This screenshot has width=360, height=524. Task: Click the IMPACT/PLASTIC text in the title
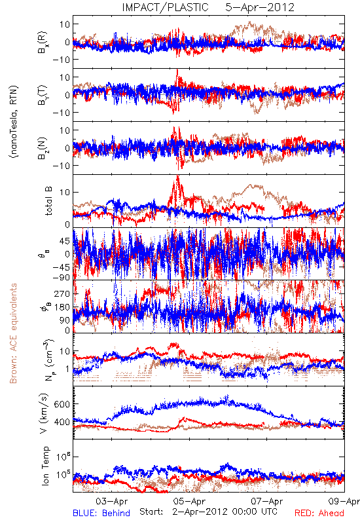(x=165, y=7)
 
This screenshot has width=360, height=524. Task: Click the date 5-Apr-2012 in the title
(x=260, y=7)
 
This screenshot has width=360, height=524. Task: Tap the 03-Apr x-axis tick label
(x=112, y=501)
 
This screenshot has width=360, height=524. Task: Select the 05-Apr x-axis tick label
(x=189, y=501)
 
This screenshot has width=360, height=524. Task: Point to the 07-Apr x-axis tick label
(x=267, y=501)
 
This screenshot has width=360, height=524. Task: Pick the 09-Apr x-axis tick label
(x=344, y=501)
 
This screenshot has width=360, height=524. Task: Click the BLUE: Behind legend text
(x=101, y=513)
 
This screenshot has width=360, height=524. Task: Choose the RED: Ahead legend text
(x=319, y=513)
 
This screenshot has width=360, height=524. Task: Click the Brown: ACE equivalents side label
(x=13, y=333)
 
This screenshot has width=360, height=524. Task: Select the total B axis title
(x=48, y=201)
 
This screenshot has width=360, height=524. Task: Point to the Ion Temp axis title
(x=45, y=466)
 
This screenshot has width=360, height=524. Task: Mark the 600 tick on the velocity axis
(x=62, y=404)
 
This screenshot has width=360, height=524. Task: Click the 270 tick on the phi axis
(x=62, y=293)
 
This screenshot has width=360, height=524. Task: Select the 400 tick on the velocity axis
(x=62, y=422)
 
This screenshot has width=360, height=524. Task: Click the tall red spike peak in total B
(x=177, y=176)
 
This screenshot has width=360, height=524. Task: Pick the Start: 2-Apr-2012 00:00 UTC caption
(x=208, y=512)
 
